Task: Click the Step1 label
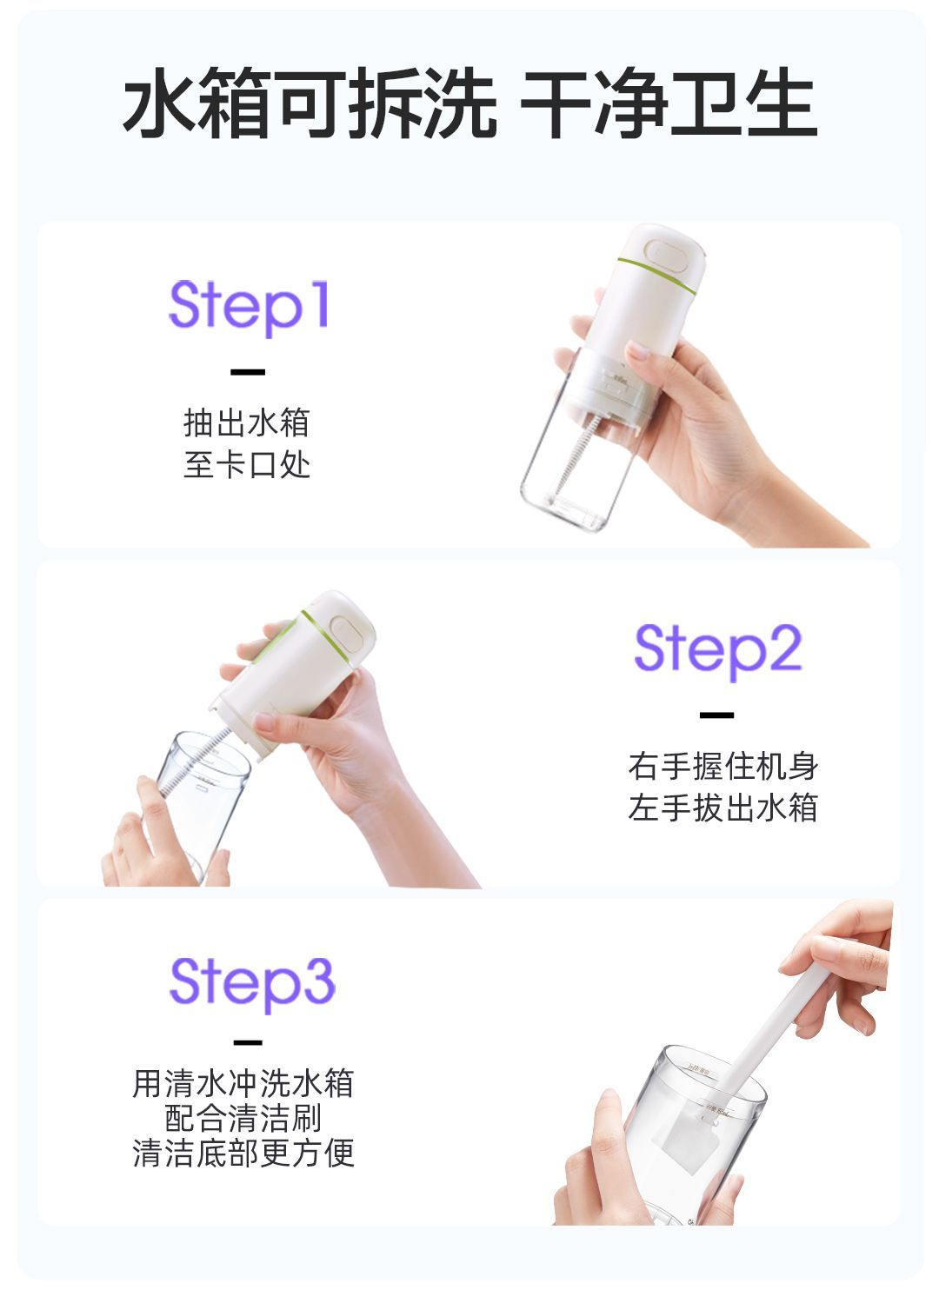point(249,307)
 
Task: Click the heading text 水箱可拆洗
point(310,103)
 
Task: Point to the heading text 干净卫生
point(669,103)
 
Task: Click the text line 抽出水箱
point(247,422)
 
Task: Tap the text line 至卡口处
point(247,465)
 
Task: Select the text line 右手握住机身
point(723,766)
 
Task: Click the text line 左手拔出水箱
point(723,808)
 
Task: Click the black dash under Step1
point(248,372)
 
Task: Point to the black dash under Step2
point(716,715)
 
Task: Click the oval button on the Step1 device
point(667,256)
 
